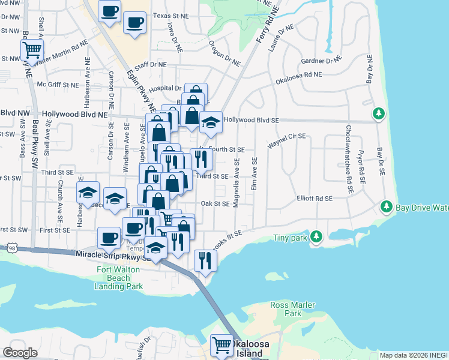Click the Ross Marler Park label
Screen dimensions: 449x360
292,309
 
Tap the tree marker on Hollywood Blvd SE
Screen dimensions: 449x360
379,113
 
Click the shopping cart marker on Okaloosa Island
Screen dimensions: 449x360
222,346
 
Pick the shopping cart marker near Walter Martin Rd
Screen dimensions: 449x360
31,50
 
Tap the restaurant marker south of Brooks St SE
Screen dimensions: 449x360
205,260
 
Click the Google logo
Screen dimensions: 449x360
20,352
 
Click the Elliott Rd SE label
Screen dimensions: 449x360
315,198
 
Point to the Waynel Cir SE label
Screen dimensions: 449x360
287,140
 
